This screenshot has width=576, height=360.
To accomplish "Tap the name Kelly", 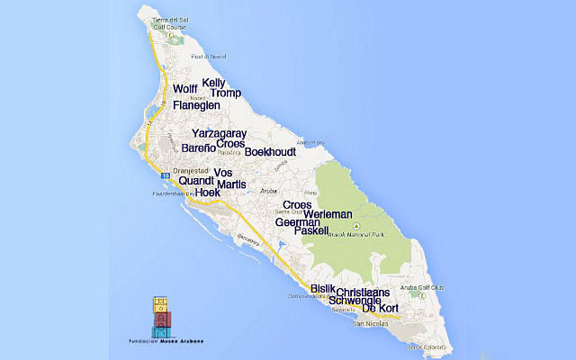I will [213, 83].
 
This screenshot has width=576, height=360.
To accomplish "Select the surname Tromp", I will [226, 94].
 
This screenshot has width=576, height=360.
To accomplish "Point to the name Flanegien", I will [196, 105].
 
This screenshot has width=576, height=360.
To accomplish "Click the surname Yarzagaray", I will [219, 133].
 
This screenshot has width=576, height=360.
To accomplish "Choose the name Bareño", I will [198, 147].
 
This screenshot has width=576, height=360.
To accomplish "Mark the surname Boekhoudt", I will [271, 152].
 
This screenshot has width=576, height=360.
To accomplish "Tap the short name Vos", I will [224, 173].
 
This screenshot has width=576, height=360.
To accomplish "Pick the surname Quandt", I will [196, 180].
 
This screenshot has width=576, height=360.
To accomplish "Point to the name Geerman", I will [297, 222].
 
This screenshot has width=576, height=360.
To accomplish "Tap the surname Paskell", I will [312, 231].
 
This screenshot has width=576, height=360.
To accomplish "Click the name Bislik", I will [322, 289].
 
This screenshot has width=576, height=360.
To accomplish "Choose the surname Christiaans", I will [363, 292].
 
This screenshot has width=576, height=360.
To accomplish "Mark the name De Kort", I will [380, 309].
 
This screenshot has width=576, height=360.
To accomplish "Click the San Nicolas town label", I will [370, 323].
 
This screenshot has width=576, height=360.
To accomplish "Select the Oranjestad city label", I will [190, 170].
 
